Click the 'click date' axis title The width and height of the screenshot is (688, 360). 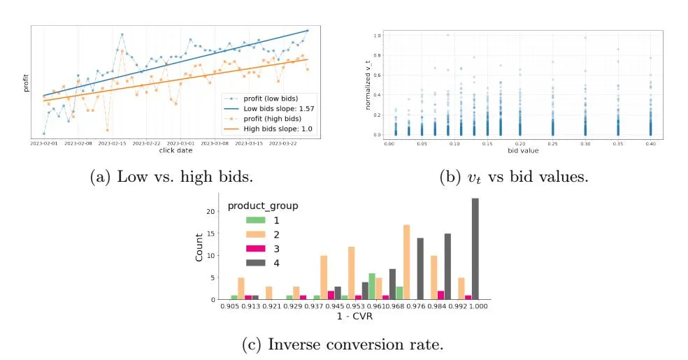pyautogui.click(x=176, y=150)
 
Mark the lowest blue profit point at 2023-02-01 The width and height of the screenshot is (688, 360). pyautogui.click(x=43, y=133)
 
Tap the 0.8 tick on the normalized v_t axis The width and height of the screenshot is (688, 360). pyautogui.click(x=378, y=54)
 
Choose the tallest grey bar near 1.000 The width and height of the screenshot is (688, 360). pyautogui.click(x=475, y=249)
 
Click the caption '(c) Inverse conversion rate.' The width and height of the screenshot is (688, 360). pyautogui.click(x=343, y=344)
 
